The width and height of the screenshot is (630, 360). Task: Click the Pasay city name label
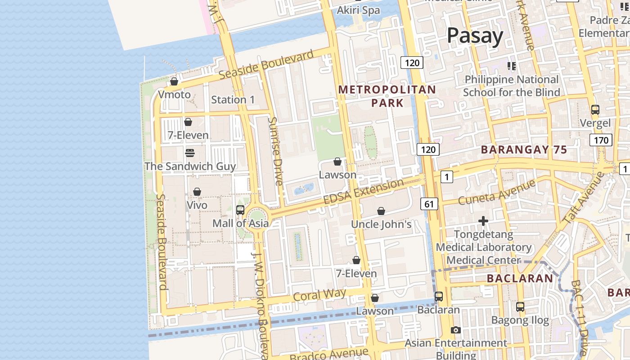tap(475, 36)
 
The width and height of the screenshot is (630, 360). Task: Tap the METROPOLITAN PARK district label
tap(387, 96)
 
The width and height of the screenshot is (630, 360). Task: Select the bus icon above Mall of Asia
tap(240, 210)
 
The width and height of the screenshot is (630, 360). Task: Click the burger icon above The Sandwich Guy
tap(189, 153)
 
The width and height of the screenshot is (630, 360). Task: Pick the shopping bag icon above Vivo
tap(197, 192)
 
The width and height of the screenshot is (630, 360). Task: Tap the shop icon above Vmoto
tap(174, 81)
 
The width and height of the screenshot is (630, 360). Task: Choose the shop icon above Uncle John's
tap(381, 211)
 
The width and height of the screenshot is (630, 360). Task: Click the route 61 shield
tap(429, 204)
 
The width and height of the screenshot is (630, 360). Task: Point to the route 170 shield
tap(601, 140)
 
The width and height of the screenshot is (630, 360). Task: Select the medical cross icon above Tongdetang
tap(483, 221)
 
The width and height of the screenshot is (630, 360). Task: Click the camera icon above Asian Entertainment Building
tap(455, 330)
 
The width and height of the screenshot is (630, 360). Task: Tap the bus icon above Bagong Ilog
tap(520, 307)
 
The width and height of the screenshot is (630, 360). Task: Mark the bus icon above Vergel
tap(595, 109)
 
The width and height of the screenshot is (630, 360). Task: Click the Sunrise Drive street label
tap(275, 151)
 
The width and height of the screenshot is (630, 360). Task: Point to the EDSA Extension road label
tap(364, 192)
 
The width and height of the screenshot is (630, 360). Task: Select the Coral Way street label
tap(319, 295)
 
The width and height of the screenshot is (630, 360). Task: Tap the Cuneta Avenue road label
tap(497, 192)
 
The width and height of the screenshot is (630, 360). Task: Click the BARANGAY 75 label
tap(524, 150)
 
